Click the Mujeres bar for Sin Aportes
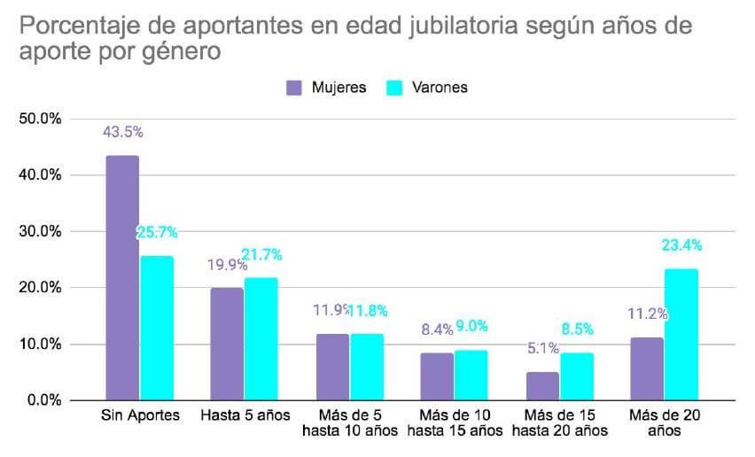coord(122,278)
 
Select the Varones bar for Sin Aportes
coord(156,328)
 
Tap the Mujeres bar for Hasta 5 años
coord(227,344)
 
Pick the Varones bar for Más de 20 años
coord(681,334)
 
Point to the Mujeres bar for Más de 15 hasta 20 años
coord(542,385)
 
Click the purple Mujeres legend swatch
coord(294,88)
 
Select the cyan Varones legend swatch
coord(396,88)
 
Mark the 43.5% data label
coord(124,132)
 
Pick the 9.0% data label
coord(472,327)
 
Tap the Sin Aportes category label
coord(139,416)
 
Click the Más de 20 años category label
coord(663,423)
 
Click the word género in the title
coord(183,51)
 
